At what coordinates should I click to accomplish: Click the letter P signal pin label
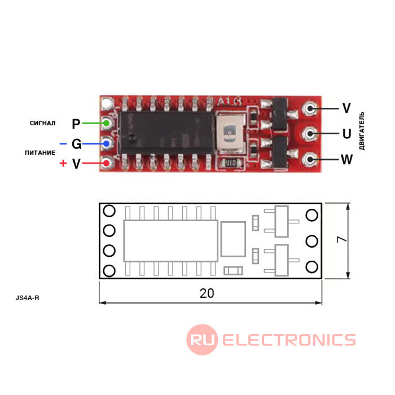tap(77, 124)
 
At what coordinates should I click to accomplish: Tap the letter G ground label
tap(77, 144)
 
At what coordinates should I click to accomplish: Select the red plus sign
tap(63, 164)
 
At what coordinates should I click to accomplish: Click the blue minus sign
tap(63, 144)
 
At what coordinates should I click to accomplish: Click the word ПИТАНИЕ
tap(40, 153)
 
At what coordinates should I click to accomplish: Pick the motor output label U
tap(346, 134)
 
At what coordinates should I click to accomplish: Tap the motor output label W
tap(346, 160)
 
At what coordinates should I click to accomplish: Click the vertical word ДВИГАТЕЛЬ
tap(362, 130)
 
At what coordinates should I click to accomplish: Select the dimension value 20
tap(207, 293)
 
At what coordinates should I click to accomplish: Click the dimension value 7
tap(341, 240)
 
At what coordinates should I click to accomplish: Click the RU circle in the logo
tap(202, 340)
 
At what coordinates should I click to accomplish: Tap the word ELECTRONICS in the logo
tap(288, 340)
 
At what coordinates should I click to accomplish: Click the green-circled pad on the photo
tap(107, 123)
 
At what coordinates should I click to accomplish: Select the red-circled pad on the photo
tap(107, 164)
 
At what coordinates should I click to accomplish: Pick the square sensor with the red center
tap(230, 133)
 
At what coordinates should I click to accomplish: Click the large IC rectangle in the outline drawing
tap(170, 241)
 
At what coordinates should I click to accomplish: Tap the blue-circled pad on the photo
tap(107, 143)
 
